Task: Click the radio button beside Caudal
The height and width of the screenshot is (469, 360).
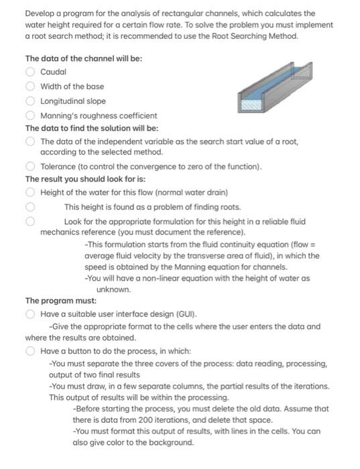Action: click(29, 72)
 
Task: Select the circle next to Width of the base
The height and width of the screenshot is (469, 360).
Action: click(29, 86)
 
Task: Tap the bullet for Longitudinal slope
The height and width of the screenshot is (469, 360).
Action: click(29, 101)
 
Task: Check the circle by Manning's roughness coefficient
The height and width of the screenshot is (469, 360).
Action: click(29, 116)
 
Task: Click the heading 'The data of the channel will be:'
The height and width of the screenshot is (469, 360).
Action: click(83, 58)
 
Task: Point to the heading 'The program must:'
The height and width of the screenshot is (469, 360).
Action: click(61, 301)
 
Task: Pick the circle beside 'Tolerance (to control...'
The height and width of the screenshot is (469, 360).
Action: click(29, 167)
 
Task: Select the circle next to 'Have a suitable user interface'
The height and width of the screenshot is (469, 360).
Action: click(29, 314)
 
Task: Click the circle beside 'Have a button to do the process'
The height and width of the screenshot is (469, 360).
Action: click(29, 350)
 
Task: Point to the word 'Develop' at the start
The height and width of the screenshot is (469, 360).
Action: click(40, 13)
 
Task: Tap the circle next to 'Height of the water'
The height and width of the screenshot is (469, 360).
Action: click(29, 193)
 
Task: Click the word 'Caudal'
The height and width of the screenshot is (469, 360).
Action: click(53, 72)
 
